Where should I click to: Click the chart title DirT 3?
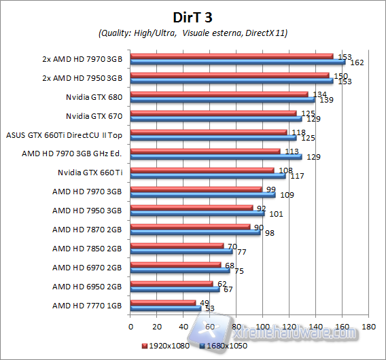192,16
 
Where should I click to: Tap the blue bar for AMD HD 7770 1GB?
165,308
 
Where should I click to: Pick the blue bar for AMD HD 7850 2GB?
181,251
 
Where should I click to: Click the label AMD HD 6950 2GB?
88,287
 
